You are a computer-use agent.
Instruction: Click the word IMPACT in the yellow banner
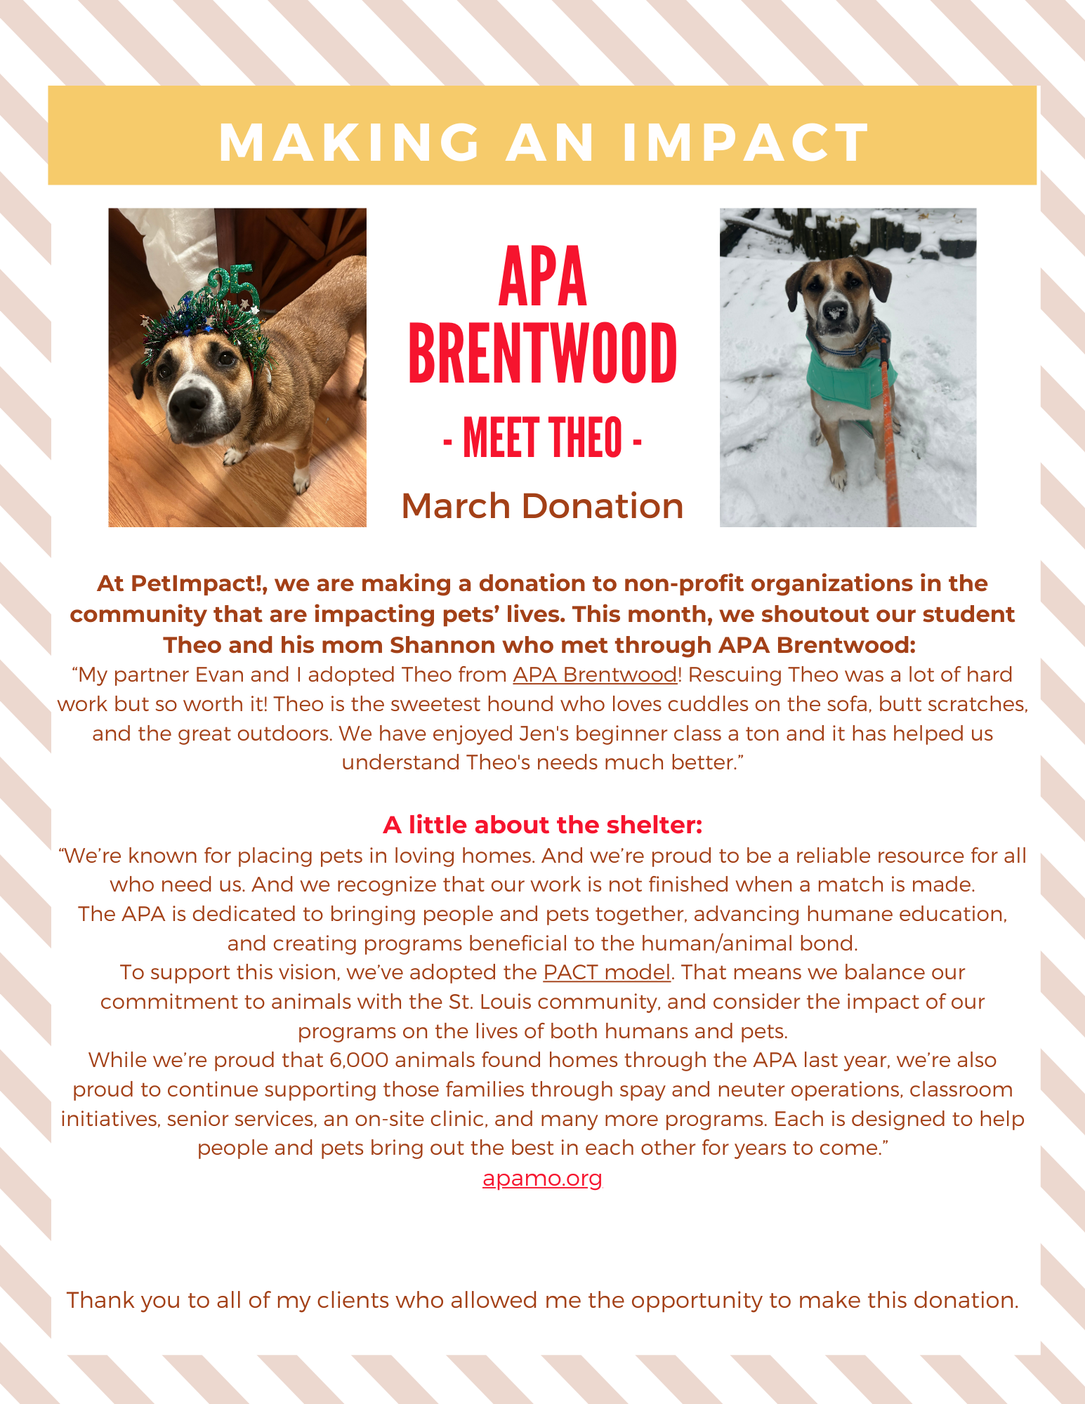pyautogui.click(x=746, y=143)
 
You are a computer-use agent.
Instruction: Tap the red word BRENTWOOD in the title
pyautogui.click(x=542, y=354)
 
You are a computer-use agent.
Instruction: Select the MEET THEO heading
pyautogui.click(x=542, y=437)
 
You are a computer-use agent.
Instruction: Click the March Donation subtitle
pyautogui.click(x=542, y=506)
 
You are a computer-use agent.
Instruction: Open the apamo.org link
pyautogui.click(x=542, y=1177)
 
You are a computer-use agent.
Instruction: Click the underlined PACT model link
pyautogui.click(x=607, y=972)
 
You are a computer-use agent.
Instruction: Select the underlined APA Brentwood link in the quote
pyautogui.click(x=596, y=675)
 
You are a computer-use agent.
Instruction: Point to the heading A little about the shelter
pyautogui.click(x=542, y=825)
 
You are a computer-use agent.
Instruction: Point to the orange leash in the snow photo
pyautogui.click(x=890, y=435)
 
